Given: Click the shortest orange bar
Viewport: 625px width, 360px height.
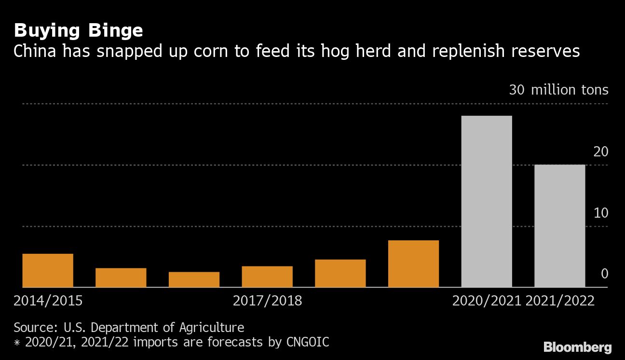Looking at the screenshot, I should pos(194,279).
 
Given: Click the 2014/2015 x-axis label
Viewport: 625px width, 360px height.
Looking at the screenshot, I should pos(48,301).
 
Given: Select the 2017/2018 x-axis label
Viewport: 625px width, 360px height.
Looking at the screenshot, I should pos(267,301).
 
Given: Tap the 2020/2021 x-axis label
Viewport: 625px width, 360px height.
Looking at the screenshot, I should pos(487,301).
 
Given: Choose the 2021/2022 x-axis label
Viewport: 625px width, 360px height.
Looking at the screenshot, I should pos(560,301).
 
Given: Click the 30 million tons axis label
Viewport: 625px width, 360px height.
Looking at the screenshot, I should pos(558,90).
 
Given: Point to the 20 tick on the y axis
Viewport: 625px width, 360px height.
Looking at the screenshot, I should pos(601,152).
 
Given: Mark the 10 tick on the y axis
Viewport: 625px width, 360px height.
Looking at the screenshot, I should pos(601,213).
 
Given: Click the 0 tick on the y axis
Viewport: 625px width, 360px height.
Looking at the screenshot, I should pos(604,274).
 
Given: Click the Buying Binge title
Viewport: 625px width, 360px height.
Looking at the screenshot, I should pos(78,31).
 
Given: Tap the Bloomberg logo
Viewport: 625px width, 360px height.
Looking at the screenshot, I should pos(577,347).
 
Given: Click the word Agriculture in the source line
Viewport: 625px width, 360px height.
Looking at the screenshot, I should pos(212,328).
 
